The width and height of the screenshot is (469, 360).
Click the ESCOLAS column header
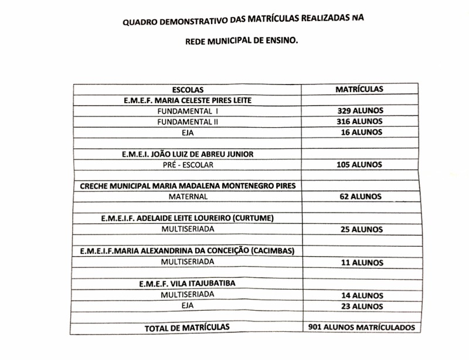(187, 90)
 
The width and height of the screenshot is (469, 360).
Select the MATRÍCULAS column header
(359, 89)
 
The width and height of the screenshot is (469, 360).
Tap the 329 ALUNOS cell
(359, 111)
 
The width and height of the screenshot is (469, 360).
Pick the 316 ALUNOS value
(359, 121)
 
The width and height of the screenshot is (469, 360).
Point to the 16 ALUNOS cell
(361, 133)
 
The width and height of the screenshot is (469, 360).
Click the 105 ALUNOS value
(359, 165)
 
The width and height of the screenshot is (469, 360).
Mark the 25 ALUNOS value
(361, 230)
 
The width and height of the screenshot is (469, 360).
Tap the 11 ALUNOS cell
(361, 263)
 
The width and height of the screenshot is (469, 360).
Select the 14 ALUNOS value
(362, 296)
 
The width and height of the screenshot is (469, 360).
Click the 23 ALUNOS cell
(362, 306)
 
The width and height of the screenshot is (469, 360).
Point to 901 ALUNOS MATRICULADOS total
(361, 328)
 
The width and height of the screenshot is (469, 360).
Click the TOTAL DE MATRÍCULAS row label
(187, 328)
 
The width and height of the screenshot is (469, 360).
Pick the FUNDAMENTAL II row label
(188, 121)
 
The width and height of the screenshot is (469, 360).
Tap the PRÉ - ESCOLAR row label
(188, 165)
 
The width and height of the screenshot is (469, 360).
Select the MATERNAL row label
(188, 197)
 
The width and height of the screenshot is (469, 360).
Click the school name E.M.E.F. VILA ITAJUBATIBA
(187, 283)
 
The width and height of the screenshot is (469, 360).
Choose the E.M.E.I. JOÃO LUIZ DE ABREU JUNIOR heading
(188, 154)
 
